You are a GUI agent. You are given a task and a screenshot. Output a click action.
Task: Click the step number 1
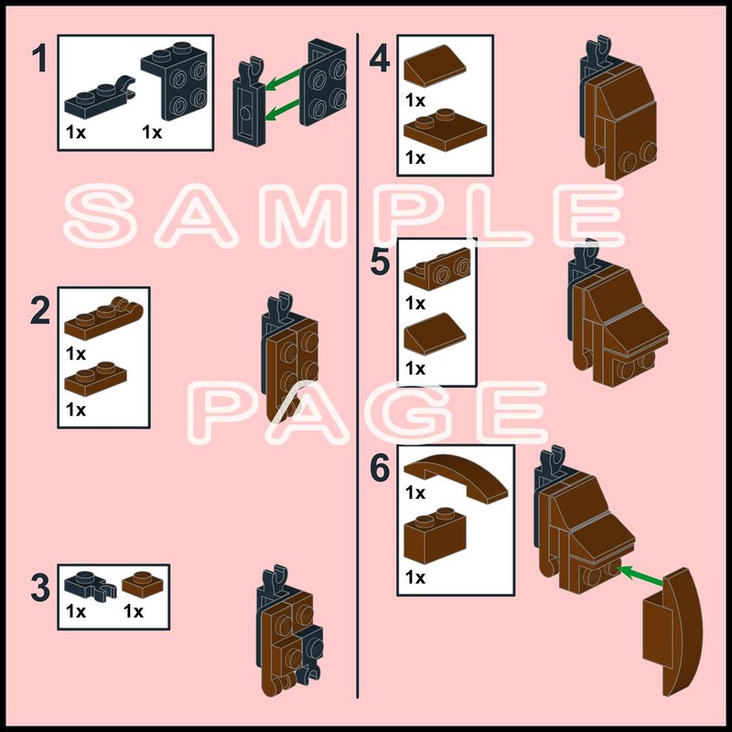coord(39,59)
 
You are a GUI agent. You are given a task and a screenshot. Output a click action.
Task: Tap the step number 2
coord(40,310)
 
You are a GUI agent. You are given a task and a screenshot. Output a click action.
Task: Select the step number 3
coord(40,587)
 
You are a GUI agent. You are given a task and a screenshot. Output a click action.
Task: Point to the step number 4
coord(380,59)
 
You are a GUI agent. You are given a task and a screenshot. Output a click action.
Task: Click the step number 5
coord(380,262)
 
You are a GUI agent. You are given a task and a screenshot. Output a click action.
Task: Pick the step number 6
coord(380,468)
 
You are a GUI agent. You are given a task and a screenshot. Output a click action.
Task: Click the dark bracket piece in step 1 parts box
coord(175,81)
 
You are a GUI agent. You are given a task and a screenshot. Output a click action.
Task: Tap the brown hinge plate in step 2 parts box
coord(103,319)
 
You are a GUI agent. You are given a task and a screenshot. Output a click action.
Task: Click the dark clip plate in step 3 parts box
coord(90,586)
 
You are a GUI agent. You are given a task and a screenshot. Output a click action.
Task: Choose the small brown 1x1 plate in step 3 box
coord(143,585)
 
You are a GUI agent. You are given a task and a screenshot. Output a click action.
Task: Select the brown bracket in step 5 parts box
coord(437,269)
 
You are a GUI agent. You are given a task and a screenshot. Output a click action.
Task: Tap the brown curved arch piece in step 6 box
coord(456,478)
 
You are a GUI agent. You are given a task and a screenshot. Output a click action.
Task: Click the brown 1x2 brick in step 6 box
coord(435,535)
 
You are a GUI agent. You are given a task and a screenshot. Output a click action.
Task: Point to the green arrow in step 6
coord(640,575)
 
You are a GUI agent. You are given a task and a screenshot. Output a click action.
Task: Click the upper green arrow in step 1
coord(284,79)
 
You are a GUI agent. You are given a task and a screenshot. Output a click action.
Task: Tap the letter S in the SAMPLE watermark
coord(100,215)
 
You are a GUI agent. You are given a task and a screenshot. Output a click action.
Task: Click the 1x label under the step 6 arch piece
coord(415,492)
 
